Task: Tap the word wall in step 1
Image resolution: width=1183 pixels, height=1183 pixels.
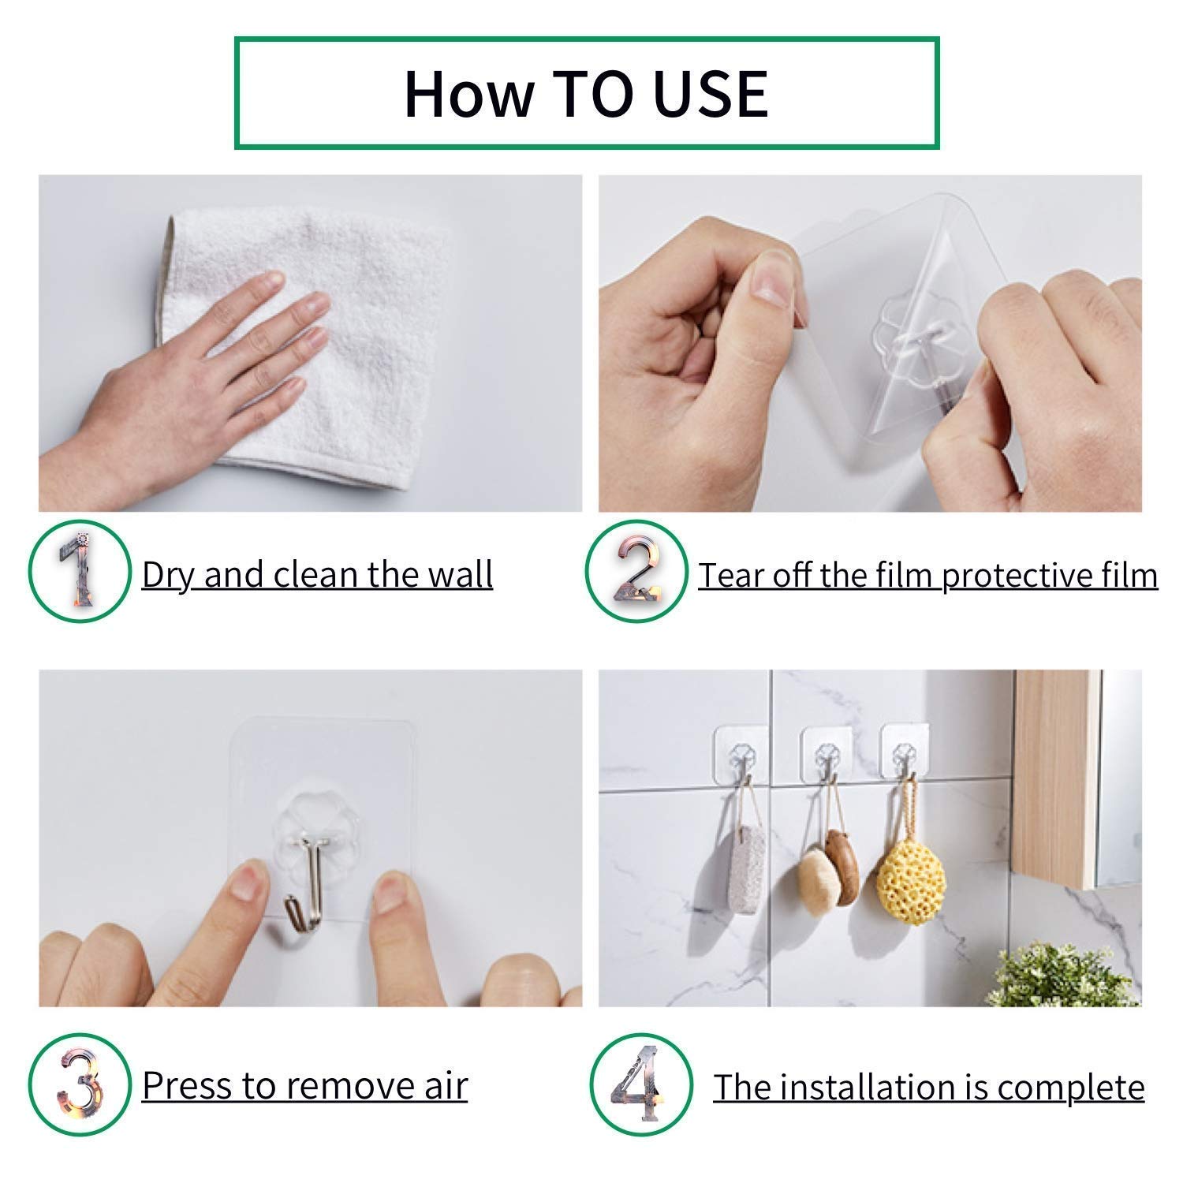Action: pyautogui.click(x=461, y=574)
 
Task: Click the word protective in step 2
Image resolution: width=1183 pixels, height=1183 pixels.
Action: pyautogui.click(x=1024, y=577)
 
